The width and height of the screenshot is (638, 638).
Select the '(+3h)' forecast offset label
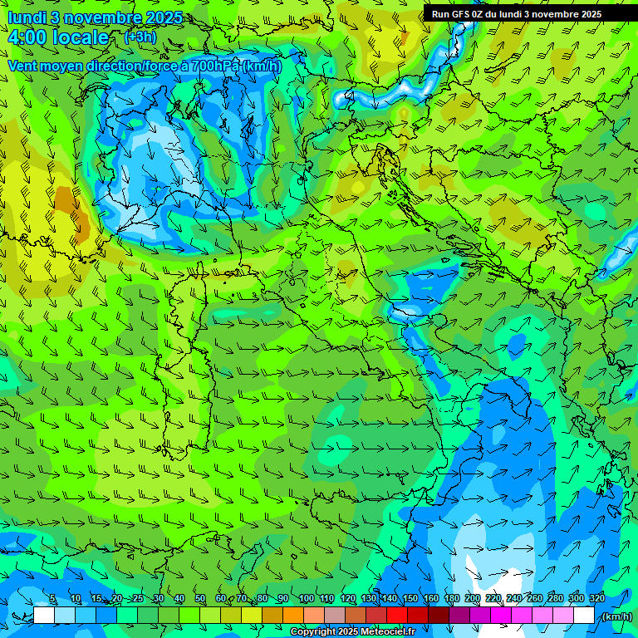tap(140, 37)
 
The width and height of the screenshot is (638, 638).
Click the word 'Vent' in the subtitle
tap(24, 66)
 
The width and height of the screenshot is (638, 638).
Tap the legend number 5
tap(52, 599)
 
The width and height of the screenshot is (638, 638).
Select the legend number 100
tap(306, 599)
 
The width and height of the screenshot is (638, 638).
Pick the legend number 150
tap(410, 599)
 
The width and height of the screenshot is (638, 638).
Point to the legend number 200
tap(472, 599)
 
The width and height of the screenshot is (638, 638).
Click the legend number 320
tap(596, 599)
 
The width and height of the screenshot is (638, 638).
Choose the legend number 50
tap(200, 599)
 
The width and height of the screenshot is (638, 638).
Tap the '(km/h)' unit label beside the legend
tap(617, 616)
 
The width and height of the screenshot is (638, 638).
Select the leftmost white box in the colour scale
tap(44, 615)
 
